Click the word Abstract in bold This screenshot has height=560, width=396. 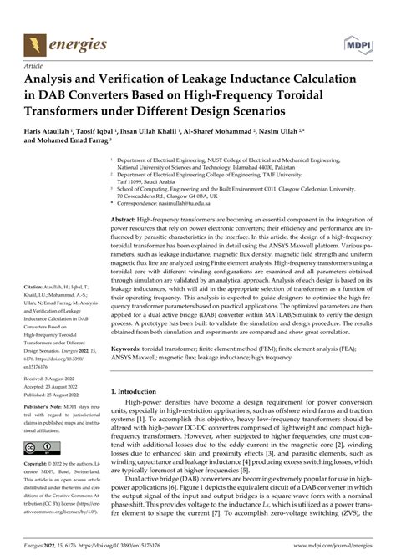(x=127, y=217)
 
